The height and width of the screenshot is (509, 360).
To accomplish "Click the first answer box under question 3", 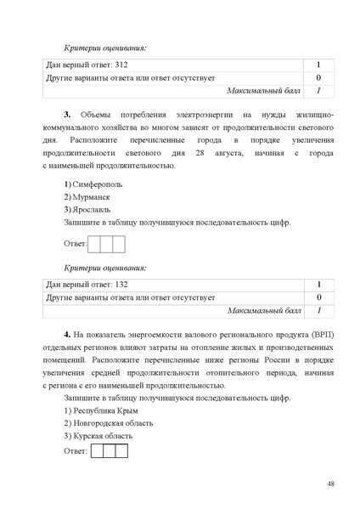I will pyautogui.click(x=94, y=244).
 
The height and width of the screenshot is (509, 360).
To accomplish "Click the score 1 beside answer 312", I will pyautogui.click(x=318, y=65).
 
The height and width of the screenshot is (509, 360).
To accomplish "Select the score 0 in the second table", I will pyautogui.click(x=318, y=297).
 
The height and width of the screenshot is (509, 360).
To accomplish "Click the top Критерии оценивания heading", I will pyautogui.click(x=105, y=48).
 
